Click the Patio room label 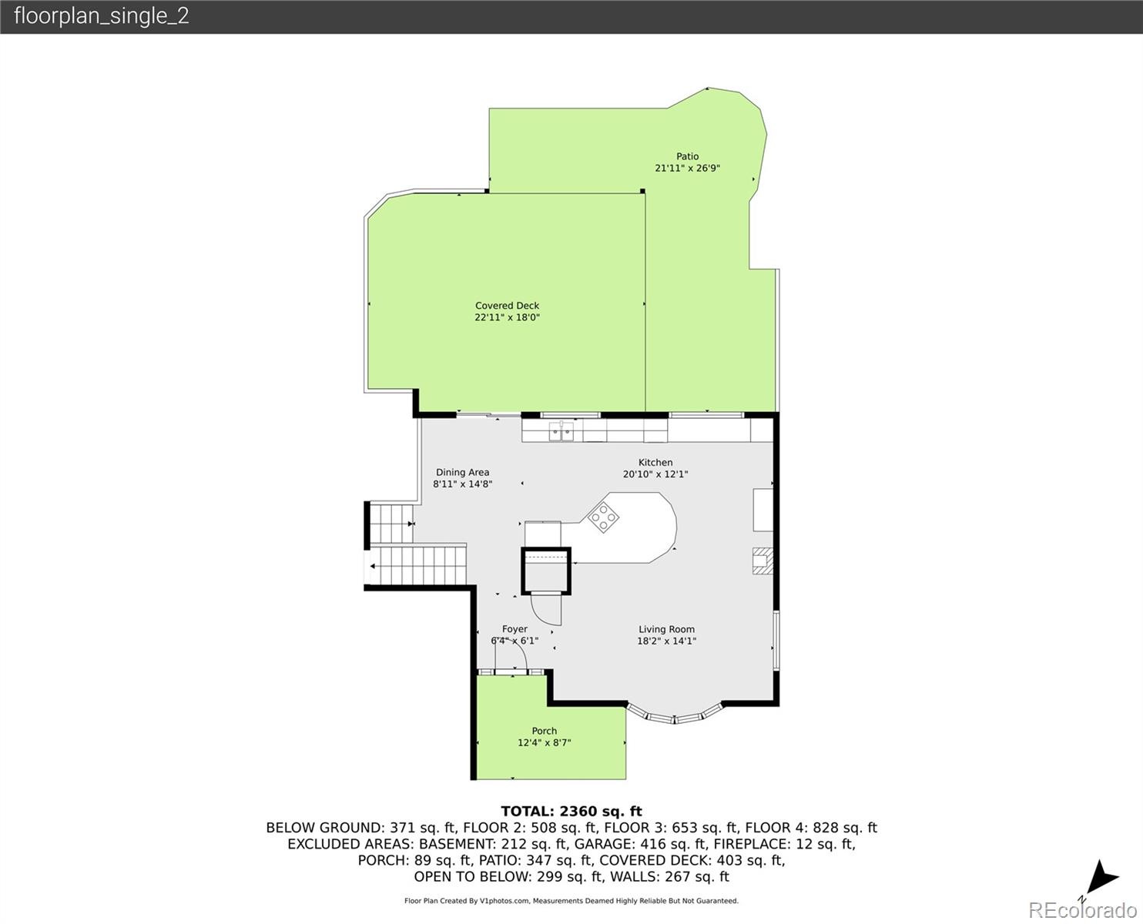(x=687, y=156)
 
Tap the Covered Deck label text (x=507, y=305)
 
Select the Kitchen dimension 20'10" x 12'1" (x=655, y=474)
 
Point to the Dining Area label (x=462, y=473)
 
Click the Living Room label (x=666, y=629)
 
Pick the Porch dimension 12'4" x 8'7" (x=544, y=743)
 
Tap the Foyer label (x=515, y=629)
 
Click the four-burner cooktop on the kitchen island (x=603, y=517)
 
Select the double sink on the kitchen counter (x=561, y=431)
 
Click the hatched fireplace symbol (x=763, y=561)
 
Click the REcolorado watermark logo (x=1082, y=909)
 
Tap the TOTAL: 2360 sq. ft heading (x=571, y=812)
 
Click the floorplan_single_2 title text (x=102, y=16)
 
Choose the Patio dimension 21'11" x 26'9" (x=687, y=168)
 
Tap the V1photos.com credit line (x=571, y=901)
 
